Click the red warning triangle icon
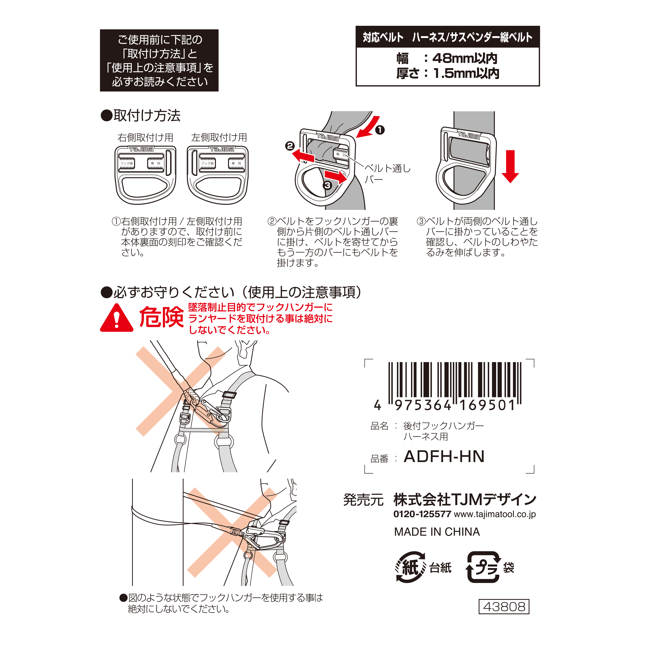coord(117,318)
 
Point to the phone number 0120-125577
coord(422,514)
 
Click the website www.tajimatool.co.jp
coord(495,514)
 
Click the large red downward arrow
coord(510,166)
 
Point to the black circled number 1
coord(380,130)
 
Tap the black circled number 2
coord(290,146)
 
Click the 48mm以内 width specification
coord(464,58)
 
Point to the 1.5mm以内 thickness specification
coord(466,74)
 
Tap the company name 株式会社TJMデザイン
coord(465,500)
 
